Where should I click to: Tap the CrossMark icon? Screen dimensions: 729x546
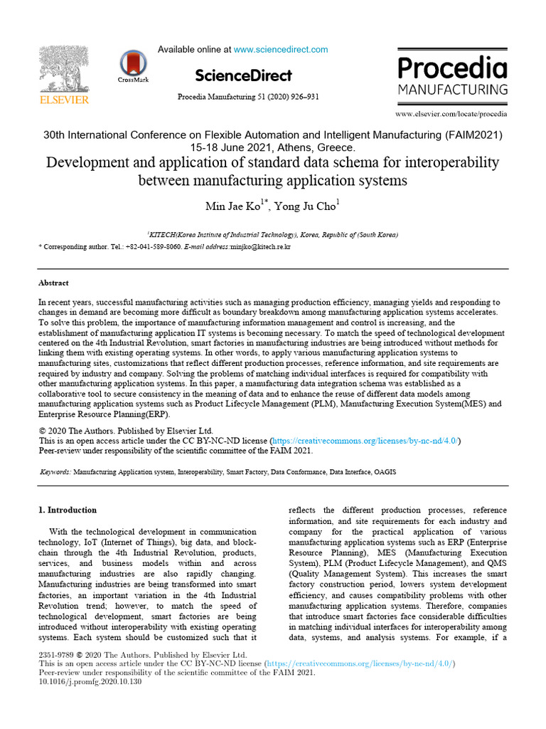[x=133, y=65]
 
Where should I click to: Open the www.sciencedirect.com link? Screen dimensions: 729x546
[x=281, y=50]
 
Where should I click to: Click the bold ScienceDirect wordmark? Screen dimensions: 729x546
[x=243, y=75]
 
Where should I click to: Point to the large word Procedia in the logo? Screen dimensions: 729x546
[x=452, y=69]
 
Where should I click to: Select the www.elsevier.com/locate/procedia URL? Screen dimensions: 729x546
[x=451, y=114]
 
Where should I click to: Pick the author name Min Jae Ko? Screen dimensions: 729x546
[x=232, y=207]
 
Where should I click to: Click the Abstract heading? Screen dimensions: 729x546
[x=53, y=283]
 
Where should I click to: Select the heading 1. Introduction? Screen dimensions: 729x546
[x=67, y=510]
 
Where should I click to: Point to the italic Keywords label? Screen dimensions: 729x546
[x=55, y=471]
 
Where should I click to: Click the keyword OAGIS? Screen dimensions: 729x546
[x=385, y=471]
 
